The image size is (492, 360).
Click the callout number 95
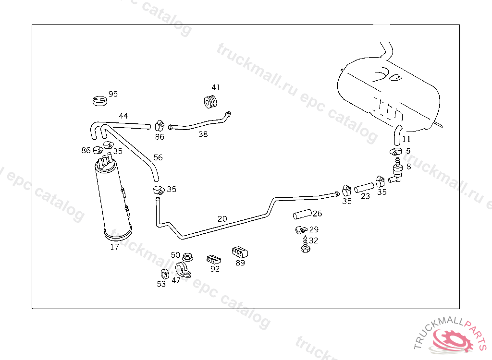(113, 94)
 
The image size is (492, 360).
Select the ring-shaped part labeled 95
(99, 101)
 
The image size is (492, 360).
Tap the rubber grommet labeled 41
(210, 102)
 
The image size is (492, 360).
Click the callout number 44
(123, 116)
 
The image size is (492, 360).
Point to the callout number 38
(203, 134)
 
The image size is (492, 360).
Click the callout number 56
(158, 157)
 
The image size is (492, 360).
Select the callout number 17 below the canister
(114, 247)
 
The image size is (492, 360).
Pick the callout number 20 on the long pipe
(222, 219)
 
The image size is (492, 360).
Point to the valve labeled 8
(397, 172)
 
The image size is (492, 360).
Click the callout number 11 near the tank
(406, 140)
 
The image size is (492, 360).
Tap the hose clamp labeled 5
(395, 152)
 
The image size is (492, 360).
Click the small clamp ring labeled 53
(164, 275)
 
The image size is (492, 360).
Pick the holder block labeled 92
(214, 259)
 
